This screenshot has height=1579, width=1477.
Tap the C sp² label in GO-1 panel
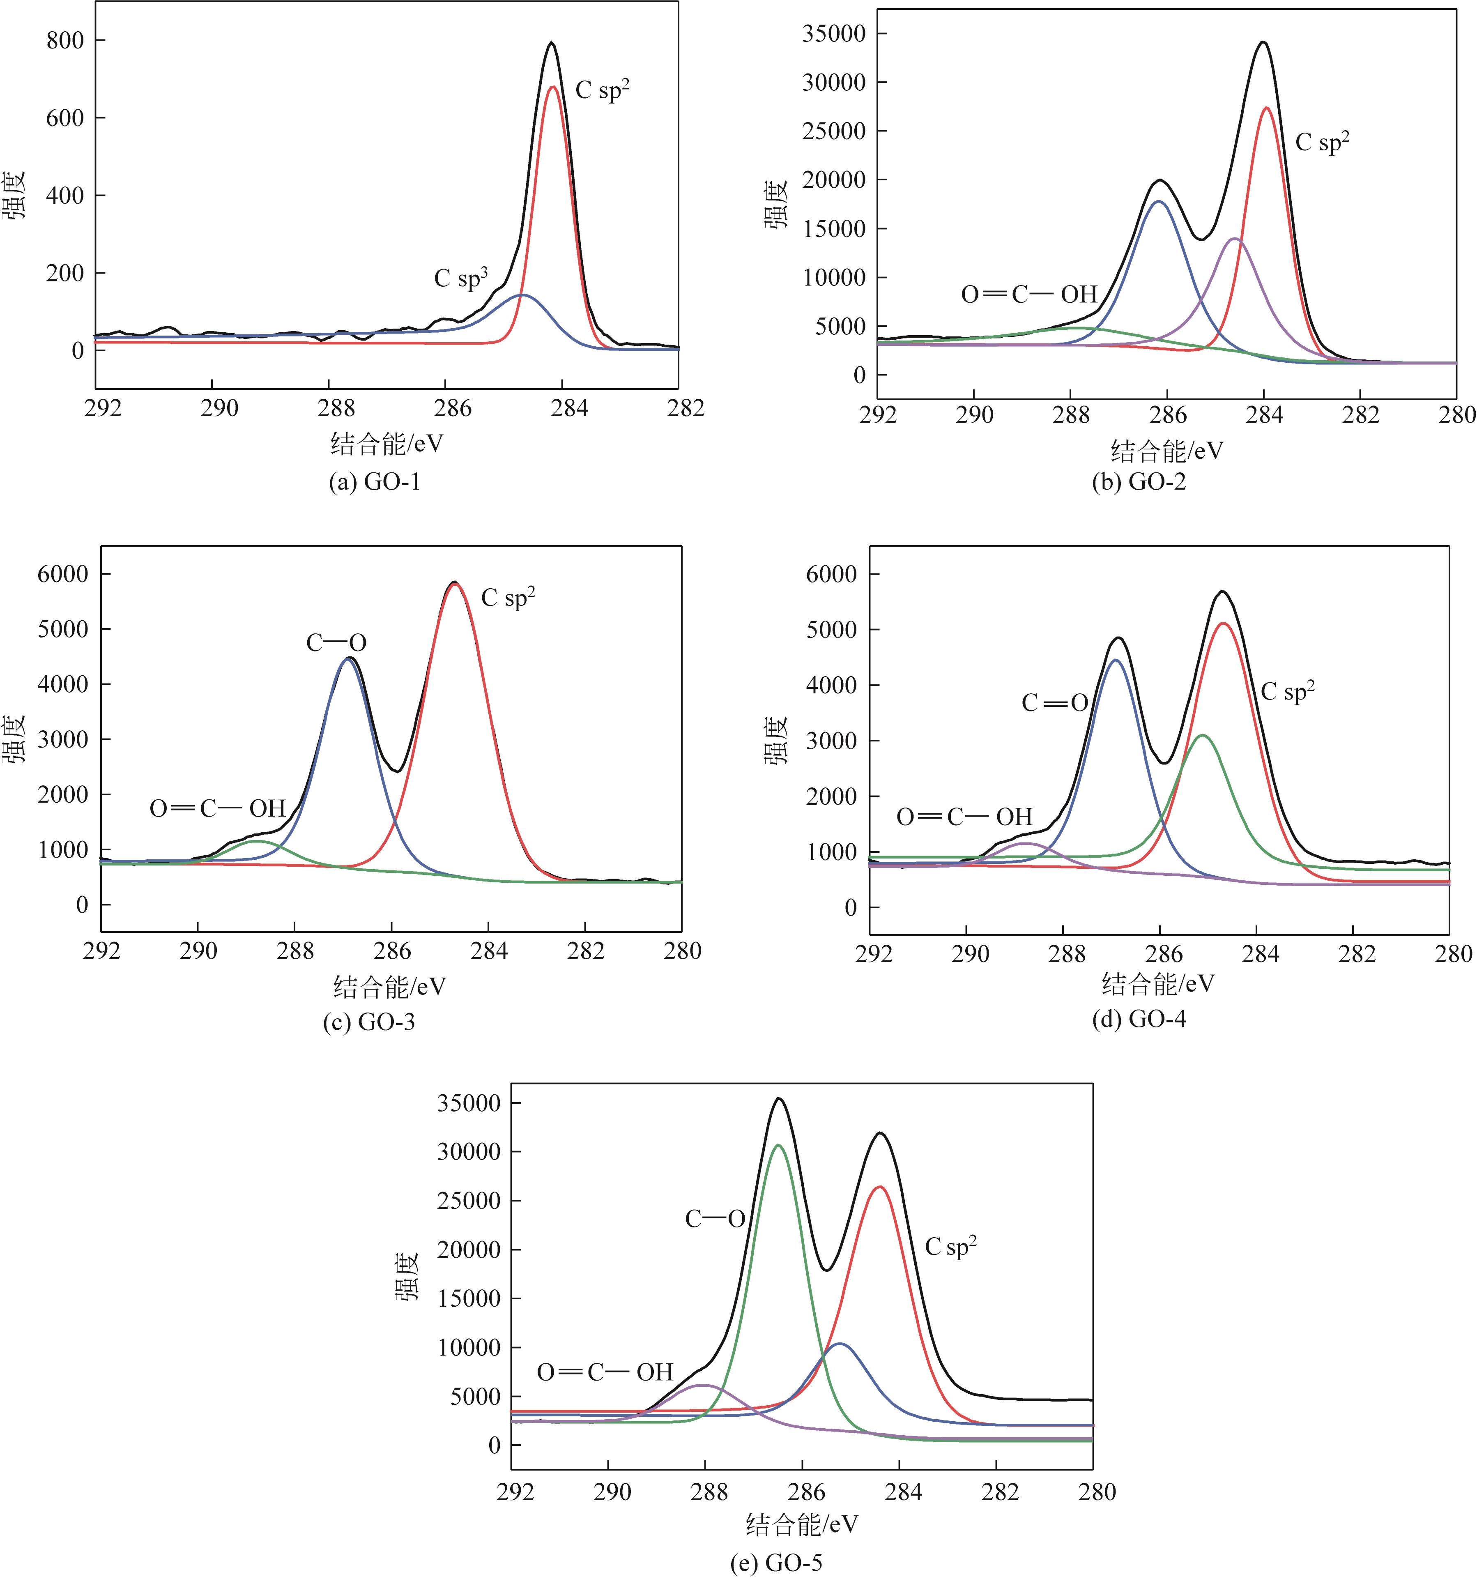602,90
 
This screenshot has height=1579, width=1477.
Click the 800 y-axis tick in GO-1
65,41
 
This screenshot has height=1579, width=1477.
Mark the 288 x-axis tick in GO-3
295,951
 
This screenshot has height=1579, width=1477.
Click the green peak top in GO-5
778,1145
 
